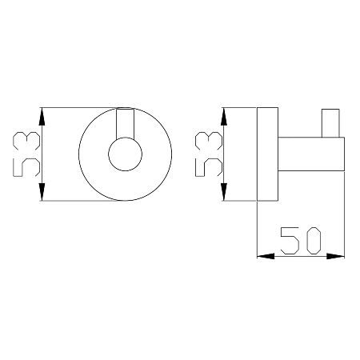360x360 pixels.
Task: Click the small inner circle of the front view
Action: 125,138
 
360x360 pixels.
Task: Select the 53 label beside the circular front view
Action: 26,154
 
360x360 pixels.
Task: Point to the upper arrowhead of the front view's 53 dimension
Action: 42,117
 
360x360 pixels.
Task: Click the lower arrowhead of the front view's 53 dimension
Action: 42,191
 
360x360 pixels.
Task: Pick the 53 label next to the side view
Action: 209,154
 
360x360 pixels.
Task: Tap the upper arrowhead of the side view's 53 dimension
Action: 224,117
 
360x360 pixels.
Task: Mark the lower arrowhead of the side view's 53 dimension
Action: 224,191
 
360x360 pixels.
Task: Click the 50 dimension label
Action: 301,241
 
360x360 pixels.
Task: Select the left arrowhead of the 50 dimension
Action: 266,256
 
